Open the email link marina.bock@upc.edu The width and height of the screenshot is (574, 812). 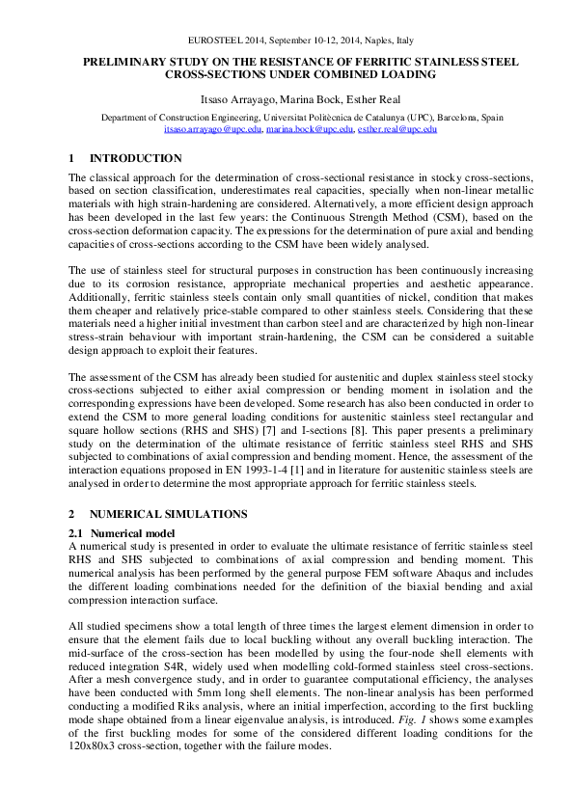point(309,127)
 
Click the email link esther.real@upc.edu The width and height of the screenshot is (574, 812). point(396,127)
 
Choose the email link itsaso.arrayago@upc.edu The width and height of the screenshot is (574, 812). point(212,127)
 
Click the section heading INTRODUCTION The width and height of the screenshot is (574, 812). point(135,158)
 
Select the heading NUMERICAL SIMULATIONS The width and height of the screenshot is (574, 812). point(168,514)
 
